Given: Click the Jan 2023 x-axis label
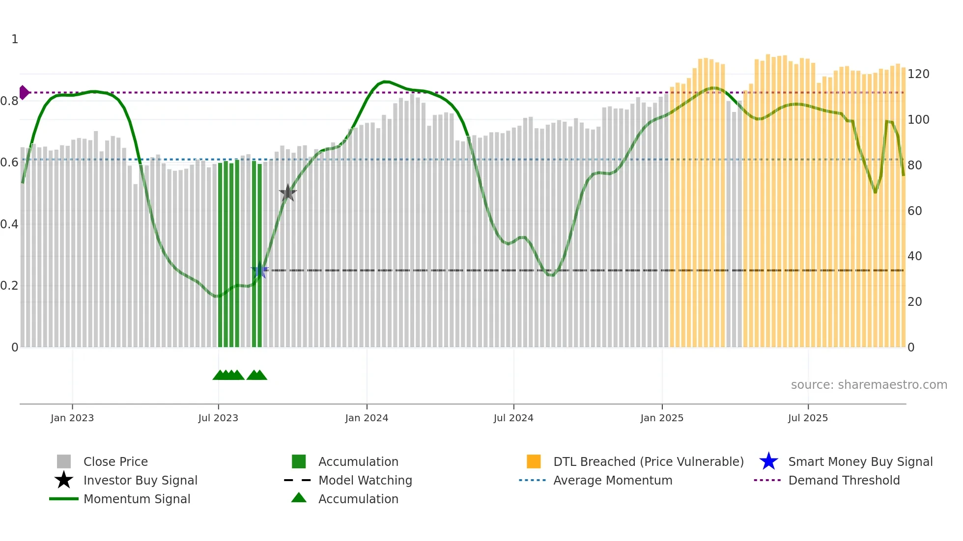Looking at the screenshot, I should pos(72,418).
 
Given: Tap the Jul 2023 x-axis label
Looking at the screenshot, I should pos(218,418).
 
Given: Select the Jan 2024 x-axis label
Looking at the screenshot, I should pos(367,418).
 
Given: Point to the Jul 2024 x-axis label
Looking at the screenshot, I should pos(513,418).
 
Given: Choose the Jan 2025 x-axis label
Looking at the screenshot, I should pos(662,418).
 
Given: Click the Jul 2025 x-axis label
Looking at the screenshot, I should pos(808,418).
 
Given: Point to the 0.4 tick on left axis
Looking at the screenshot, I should pos(9,224).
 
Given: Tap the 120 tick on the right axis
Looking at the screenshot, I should pos(918,74).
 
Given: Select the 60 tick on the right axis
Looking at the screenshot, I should pos(915,211).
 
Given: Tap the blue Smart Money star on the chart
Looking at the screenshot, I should pos(259,270).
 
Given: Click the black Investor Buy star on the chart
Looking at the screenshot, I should pos(287,193).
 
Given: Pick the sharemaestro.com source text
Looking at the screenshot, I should pos(869,385).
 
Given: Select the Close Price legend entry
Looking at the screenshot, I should pos(115,461).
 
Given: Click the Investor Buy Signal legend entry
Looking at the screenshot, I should pos(140,480).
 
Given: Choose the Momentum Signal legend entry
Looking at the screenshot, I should pos(137,499).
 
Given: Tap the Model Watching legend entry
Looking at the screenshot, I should pos(365,480).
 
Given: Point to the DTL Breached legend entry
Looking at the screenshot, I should pos(648,461).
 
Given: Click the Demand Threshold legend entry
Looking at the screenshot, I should pos(844,480).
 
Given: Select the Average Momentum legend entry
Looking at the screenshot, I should pos(613,480).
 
